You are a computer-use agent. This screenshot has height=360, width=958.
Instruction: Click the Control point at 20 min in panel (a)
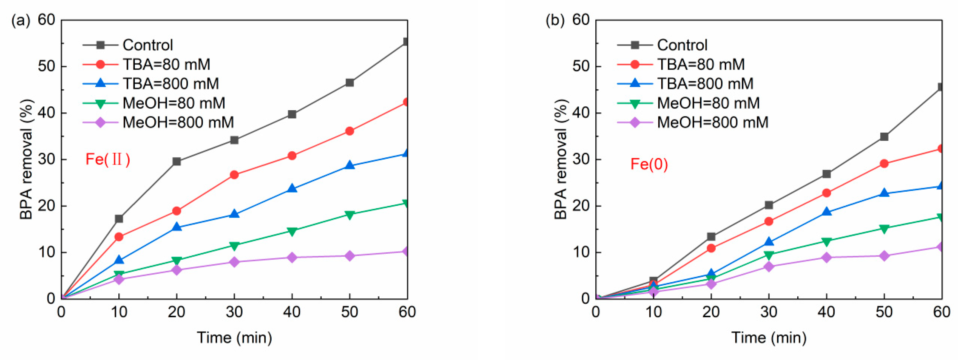177,161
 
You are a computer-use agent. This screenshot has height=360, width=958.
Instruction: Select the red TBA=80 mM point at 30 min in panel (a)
234,175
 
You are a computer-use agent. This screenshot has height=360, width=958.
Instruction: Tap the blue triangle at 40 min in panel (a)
292,189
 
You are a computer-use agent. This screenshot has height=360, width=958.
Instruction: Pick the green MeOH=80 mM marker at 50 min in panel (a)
349,215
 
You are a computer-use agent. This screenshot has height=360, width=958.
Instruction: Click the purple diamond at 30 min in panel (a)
234,262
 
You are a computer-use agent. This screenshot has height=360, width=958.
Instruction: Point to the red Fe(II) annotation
108,160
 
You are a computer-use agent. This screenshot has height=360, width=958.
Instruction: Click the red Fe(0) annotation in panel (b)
649,164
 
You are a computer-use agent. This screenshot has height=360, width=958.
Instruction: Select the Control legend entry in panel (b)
682,45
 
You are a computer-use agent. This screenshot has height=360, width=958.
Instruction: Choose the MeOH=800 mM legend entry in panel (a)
178,122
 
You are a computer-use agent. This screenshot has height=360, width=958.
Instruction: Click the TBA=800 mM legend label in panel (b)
705,84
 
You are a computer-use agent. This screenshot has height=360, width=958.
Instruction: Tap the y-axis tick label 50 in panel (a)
47,67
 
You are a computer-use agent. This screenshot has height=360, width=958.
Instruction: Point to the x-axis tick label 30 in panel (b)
768,312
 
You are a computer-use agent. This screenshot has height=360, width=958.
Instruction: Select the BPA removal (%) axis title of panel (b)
561,159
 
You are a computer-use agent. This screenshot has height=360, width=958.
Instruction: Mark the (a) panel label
21,21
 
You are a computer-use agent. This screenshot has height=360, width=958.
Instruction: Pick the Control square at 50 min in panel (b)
884,137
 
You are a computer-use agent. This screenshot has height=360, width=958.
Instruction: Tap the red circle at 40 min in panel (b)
826,193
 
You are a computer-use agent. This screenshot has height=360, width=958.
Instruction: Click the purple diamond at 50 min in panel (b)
884,256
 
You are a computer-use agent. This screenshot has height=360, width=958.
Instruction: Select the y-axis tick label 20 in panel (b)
581,206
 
